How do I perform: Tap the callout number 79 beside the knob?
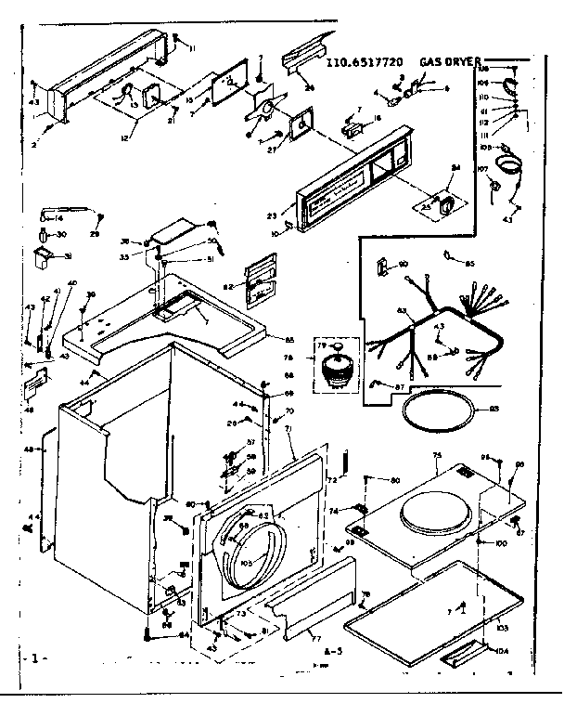click(322, 347)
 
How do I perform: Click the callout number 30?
click(61, 234)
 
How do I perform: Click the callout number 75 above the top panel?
click(435, 456)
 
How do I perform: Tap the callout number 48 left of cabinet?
click(28, 449)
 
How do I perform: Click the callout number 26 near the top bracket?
click(309, 88)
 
